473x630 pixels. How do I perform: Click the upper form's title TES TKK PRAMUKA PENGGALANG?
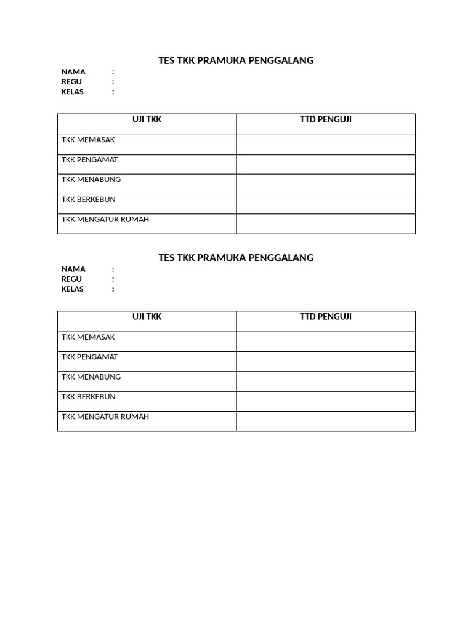(236, 60)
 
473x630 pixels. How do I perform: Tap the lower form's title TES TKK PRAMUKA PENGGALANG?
(236, 258)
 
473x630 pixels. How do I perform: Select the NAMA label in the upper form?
(73, 72)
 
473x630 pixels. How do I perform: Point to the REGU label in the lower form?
(71, 279)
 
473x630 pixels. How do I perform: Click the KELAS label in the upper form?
(73, 92)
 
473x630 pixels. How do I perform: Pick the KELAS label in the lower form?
(73, 289)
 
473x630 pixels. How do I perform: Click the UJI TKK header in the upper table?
(147, 120)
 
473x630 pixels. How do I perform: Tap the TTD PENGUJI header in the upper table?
(326, 120)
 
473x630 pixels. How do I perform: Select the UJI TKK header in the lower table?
(147, 317)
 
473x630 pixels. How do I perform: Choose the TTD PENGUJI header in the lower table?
(326, 317)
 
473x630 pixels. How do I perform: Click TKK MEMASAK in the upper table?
(88, 140)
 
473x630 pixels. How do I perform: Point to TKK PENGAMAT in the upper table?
(90, 160)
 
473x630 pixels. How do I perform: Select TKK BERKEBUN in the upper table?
(89, 200)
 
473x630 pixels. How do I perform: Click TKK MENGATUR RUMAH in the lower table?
(105, 417)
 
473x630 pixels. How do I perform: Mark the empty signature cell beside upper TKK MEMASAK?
(326, 145)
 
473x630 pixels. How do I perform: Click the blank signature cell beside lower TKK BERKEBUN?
(326, 402)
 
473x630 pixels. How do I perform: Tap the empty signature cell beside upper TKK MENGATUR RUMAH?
(326, 224)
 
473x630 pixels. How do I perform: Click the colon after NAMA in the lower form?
(113, 269)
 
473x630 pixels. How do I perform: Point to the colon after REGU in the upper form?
(113, 82)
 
